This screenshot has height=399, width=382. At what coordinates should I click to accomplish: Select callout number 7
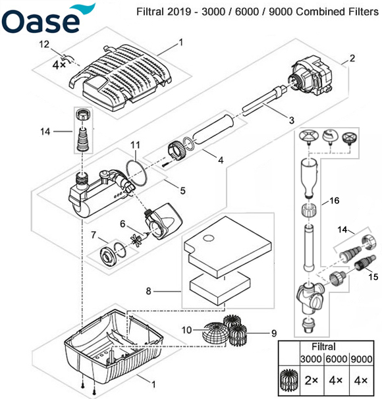point(94,235)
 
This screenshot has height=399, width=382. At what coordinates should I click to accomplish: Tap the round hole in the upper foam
point(208,238)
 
